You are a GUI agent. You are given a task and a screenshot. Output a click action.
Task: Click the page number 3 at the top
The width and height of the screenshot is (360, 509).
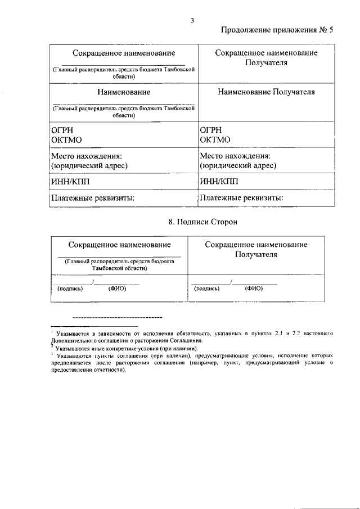coord(192,21)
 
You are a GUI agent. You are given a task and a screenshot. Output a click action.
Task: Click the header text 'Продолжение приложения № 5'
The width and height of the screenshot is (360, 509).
coord(277,31)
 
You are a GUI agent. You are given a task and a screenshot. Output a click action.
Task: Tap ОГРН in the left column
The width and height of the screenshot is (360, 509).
coord(62,129)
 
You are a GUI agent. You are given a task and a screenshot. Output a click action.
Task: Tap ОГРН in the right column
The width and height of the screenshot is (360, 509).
coord(211,129)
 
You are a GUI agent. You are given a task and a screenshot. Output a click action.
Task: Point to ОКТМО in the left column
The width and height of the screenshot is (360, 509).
coord(65,139)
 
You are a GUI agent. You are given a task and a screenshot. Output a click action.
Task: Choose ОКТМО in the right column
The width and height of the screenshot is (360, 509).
coord(214,139)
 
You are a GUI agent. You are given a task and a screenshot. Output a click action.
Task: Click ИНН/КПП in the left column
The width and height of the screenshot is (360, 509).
coord(70,182)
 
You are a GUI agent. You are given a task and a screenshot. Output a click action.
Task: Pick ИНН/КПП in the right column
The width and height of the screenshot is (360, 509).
coord(219,182)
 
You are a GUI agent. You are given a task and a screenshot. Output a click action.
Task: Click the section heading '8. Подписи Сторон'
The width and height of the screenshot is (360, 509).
coord(203,222)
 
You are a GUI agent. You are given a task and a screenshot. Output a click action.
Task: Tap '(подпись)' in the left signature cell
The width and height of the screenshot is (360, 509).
coord(70,289)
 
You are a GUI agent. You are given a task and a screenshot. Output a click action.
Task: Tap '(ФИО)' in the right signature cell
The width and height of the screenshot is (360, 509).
coord(254,289)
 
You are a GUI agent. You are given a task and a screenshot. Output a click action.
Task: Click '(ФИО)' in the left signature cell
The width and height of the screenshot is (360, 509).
coord(117,289)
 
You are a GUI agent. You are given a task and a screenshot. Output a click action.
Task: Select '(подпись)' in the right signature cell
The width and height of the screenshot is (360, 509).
coord(207,289)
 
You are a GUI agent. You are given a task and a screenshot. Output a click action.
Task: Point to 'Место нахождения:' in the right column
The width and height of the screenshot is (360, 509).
coord(235,156)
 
